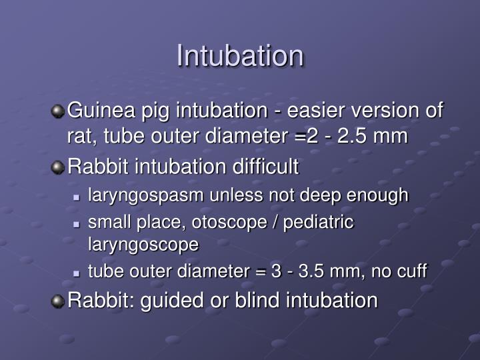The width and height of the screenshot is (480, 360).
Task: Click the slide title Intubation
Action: coord(240,56)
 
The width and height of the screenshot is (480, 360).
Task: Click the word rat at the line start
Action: coord(78,136)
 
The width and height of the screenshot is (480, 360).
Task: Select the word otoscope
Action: coord(222,221)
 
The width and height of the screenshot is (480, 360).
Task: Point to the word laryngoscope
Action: coord(143,244)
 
